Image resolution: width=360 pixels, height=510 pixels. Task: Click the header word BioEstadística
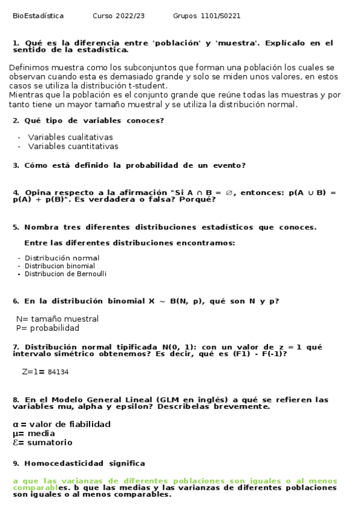tap(38, 16)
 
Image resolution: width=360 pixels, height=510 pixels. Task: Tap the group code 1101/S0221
tap(221, 16)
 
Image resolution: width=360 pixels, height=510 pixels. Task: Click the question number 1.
tap(16, 43)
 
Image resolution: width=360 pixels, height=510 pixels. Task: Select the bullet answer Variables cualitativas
tap(70, 138)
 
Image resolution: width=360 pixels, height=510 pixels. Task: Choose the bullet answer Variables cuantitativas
tap(73, 146)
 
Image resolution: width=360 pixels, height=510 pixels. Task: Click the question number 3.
tap(16, 165)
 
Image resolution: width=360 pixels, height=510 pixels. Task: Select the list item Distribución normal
tap(62, 258)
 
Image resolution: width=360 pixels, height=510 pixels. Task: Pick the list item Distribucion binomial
tap(59, 266)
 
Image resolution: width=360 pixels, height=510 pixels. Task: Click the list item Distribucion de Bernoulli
tap(66, 274)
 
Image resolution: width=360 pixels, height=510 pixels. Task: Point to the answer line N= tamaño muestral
tap(57, 319)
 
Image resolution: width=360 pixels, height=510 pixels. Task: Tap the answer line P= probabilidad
tap(47, 328)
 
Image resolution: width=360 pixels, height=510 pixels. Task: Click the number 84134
tap(58, 372)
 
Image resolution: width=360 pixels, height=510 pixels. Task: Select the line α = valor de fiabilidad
tap(61, 425)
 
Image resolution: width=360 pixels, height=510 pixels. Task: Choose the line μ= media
tap(34, 434)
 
